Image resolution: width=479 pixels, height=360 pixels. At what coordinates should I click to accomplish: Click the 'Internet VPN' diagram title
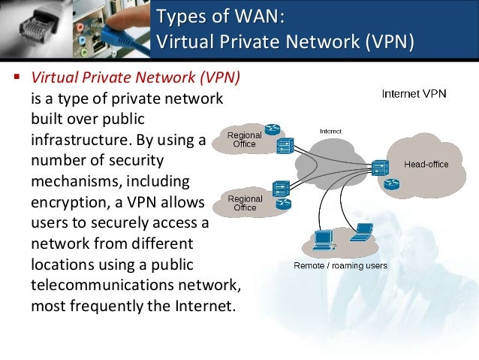point(414,94)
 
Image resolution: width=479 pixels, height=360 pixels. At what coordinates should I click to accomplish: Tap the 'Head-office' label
point(426,164)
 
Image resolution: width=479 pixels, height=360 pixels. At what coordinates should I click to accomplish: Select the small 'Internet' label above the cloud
point(330,131)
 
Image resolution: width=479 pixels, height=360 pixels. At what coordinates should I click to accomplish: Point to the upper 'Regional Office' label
point(245,139)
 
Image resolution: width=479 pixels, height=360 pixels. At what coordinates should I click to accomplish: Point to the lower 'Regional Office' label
point(245,203)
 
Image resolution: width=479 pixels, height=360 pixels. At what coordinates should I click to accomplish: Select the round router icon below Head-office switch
point(389,185)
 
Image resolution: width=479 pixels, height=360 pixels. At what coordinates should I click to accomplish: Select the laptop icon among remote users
point(363,232)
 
